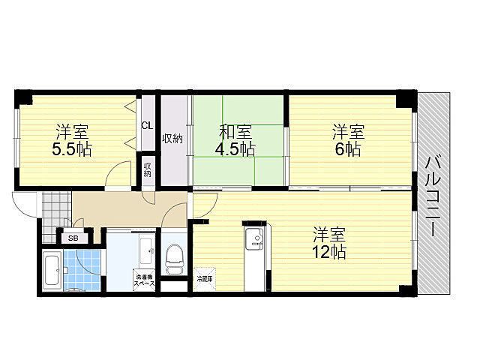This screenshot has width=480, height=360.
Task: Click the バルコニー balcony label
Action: [434, 194]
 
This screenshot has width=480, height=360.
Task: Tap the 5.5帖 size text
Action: [71, 148]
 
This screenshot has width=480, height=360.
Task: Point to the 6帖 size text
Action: [348, 148]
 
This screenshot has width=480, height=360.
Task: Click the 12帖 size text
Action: [330, 252]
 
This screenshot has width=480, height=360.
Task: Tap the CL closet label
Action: [147, 125]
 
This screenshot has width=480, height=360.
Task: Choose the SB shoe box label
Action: [73, 238]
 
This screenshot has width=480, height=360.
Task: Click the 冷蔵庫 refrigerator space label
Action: [204, 279]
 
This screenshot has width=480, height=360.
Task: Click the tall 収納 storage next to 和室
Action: [172, 139]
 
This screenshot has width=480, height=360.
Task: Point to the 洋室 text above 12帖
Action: [329, 232]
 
